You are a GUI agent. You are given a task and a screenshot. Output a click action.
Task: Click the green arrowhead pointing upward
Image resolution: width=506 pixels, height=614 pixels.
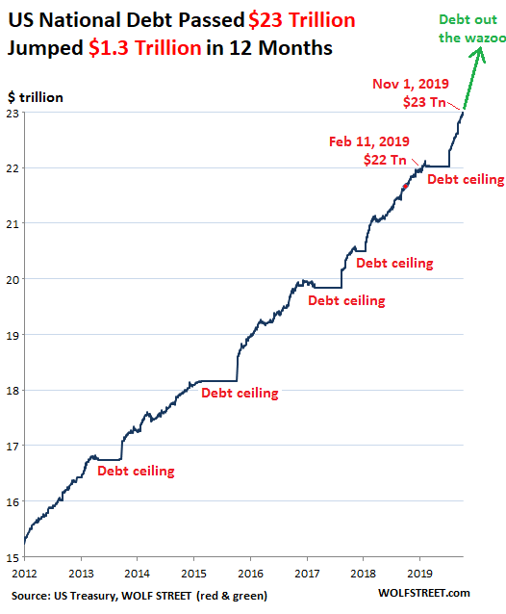click(x=478, y=54)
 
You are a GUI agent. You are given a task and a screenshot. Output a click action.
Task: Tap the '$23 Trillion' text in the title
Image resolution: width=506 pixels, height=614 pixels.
click(x=302, y=20)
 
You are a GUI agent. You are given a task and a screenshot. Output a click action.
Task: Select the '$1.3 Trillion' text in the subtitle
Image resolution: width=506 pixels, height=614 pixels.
click(x=145, y=48)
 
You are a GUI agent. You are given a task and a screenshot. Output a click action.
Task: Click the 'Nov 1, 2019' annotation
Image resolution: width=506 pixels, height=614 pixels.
click(x=411, y=84)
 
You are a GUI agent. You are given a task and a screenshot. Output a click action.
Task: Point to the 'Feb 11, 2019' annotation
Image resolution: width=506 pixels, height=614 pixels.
click(x=369, y=141)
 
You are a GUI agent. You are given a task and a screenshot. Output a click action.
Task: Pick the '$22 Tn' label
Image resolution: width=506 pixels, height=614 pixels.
click(x=385, y=160)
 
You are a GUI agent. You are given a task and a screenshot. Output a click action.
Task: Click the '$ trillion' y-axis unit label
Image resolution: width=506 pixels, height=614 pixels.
click(x=36, y=97)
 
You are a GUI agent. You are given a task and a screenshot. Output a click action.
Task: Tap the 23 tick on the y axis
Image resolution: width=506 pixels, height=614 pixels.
click(x=13, y=114)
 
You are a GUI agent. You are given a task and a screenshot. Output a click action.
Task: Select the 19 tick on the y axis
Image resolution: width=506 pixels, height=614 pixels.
click(x=13, y=336)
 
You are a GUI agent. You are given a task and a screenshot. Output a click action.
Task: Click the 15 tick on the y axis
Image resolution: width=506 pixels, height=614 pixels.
click(x=13, y=557)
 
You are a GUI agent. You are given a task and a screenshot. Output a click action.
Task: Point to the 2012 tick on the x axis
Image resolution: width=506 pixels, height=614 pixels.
click(x=24, y=574)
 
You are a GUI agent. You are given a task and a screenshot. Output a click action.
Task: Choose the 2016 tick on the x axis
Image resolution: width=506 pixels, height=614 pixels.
click(x=250, y=574)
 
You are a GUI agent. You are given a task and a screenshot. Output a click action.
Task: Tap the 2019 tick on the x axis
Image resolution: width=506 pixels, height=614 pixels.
click(x=420, y=574)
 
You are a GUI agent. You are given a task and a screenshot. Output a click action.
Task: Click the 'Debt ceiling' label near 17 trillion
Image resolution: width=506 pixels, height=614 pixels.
click(x=136, y=471)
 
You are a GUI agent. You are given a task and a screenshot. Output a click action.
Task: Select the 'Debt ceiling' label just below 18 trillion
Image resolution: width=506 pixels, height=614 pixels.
click(x=240, y=393)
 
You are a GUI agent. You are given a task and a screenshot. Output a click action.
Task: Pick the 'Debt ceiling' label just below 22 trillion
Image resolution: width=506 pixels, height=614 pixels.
click(x=466, y=179)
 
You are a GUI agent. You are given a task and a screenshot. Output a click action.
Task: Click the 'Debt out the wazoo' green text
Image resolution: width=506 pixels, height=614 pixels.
click(x=471, y=29)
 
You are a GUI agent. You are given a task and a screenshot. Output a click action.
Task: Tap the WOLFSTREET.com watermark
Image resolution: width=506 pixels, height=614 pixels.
click(x=424, y=593)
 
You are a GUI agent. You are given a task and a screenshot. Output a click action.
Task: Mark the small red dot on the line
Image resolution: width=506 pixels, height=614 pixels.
click(x=406, y=187)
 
